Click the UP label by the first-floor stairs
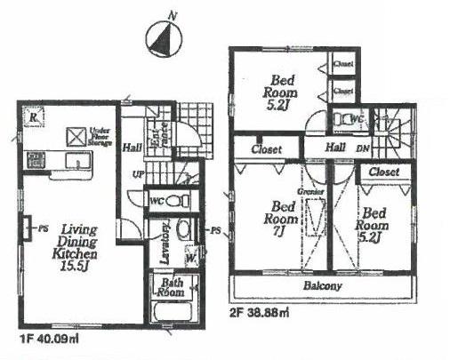click(139, 173)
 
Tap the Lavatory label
click(165, 237)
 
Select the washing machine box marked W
click(191, 259)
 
